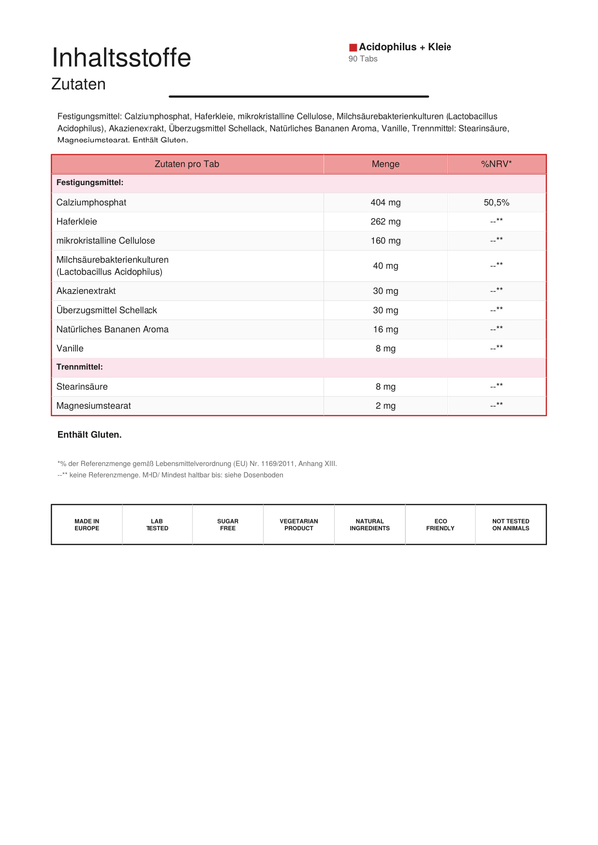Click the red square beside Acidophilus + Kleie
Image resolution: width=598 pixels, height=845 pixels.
click(x=353, y=47)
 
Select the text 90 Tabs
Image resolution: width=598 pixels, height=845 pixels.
click(x=363, y=59)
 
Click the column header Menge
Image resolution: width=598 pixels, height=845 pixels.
click(x=385, y=164)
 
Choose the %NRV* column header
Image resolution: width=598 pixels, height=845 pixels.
click(x=496, y=164)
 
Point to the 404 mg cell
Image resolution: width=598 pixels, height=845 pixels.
click(x=385, y=202)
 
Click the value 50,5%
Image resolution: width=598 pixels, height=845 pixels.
click(x=496, y=202)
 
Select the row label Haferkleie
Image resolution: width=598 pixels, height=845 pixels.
click(x=77, y=221)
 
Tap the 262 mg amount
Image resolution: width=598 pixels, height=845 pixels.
click(x=385, y=221)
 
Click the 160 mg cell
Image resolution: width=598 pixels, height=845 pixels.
click(x=385, y=240)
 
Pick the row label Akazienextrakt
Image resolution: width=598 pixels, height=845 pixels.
click(x=86, y=291)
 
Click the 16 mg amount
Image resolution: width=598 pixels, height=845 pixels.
click(x=385, y=329)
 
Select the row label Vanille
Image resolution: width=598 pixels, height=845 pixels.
click(x=71, y=348)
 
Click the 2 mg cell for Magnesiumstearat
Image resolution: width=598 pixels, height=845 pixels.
click(x=385, y=406)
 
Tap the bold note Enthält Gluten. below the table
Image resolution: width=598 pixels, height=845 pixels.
click(x=90, y=435)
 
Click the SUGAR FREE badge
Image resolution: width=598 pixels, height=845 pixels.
click(x=228, y=525)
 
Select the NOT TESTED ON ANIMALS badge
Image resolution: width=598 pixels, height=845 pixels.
click(x=511, y=525)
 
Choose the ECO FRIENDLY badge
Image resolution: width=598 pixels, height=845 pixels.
click(x=441, y=525)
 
